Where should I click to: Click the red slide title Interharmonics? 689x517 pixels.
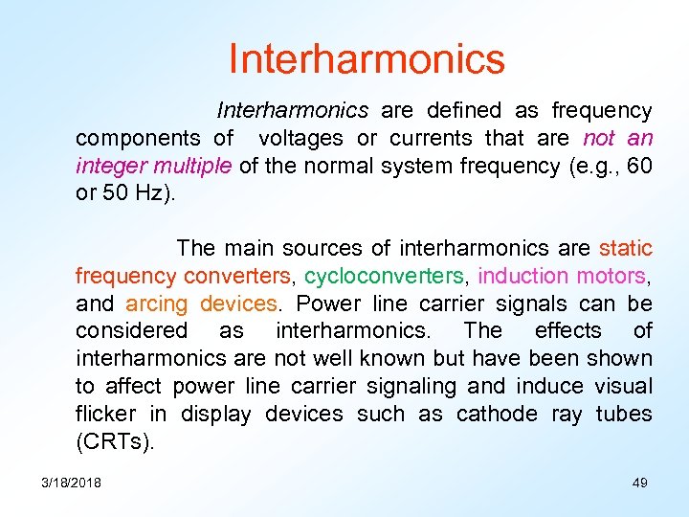(367, 58)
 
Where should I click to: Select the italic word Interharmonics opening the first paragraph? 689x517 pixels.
(292, 111)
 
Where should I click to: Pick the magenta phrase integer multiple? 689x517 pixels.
(153, 167)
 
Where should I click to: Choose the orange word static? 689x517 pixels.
(626, 249)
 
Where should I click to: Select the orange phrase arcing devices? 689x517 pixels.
(201, 304)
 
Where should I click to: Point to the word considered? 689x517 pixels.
(131, 331)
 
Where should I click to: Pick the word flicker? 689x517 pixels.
(107, 415)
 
